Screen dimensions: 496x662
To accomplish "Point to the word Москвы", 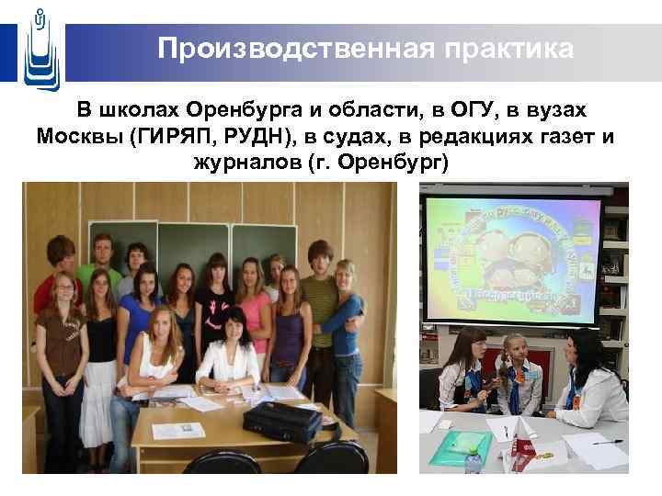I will point(80,137).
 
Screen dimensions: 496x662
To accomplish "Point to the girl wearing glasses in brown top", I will point(62,340).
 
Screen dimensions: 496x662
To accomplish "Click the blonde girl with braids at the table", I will point(518,377).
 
